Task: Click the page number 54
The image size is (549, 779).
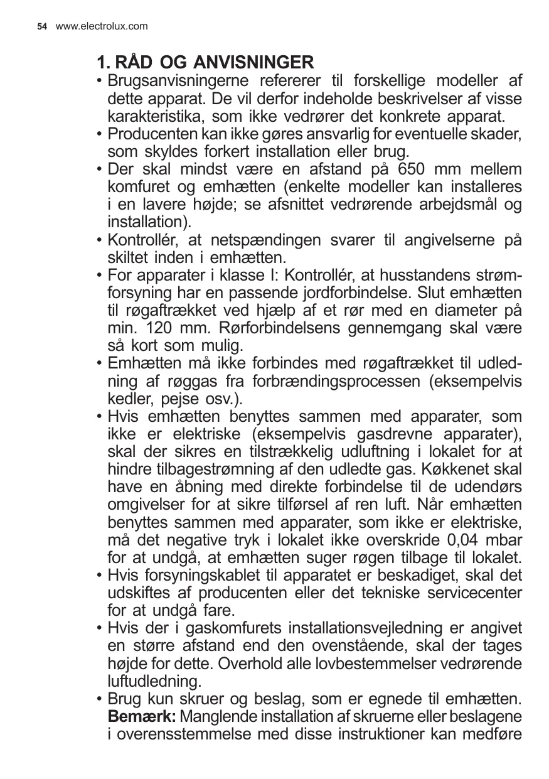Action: (x=42, y=26)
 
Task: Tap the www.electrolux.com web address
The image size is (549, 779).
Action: (x=102, y=26)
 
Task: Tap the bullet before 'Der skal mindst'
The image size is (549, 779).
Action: (x=100, y=170)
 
